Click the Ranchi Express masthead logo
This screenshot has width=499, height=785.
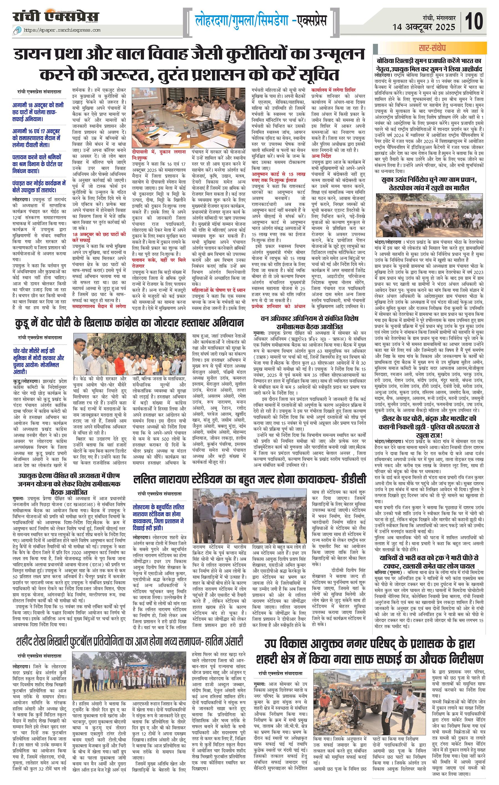pyautogui.click(x=56, y=17)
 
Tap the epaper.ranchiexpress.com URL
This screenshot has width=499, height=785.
pyautogui.click(x=64, y=30)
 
